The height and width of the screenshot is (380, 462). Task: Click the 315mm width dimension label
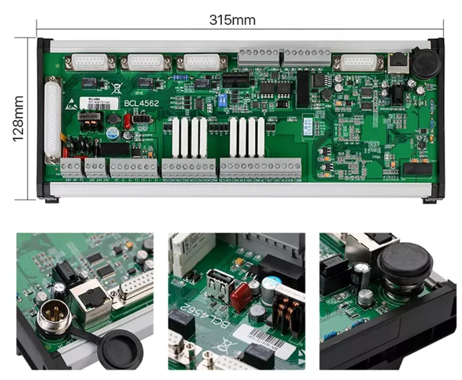pos(232,20)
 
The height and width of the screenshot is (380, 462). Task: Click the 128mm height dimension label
pos(17,119)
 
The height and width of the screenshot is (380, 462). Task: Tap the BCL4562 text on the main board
pos(141,102)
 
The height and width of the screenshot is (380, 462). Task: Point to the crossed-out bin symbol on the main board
pos(118,84)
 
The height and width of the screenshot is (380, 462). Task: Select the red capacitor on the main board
pos(127,122)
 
